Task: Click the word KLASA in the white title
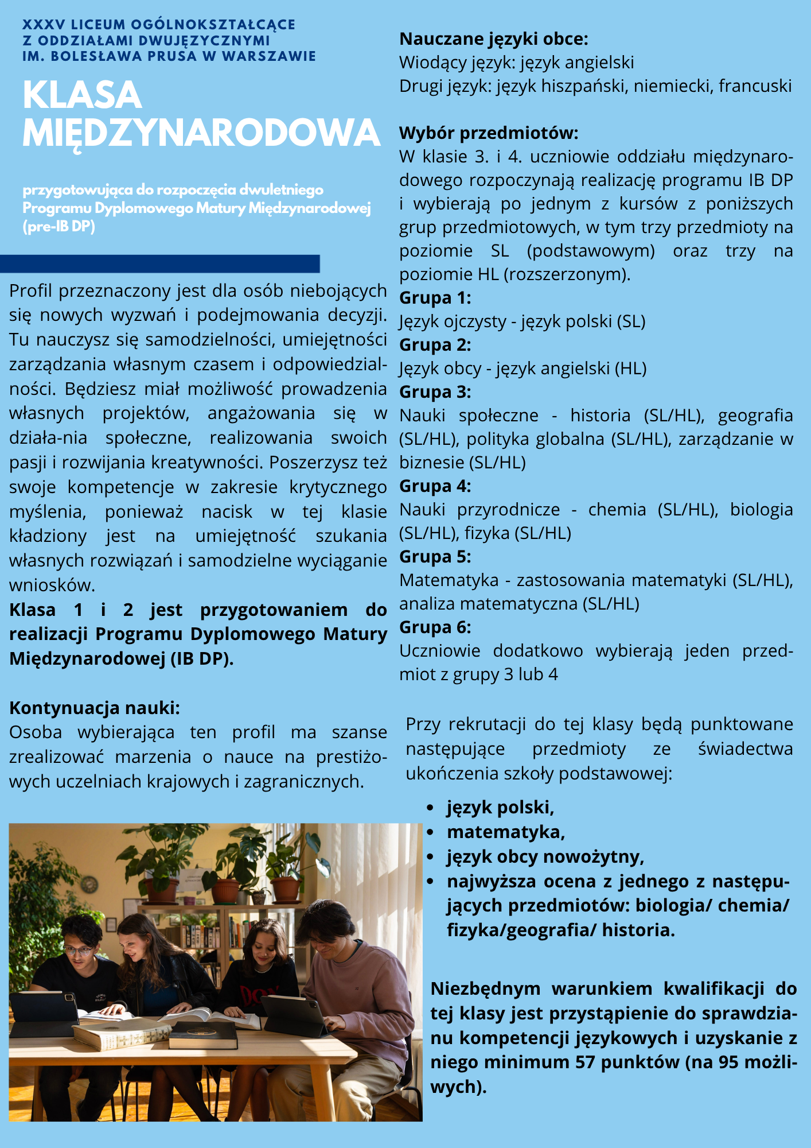coord(82,95)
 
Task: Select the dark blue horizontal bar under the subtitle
coord(159,263)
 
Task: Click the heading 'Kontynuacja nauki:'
coord(95,708)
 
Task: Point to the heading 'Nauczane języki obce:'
coord(494,39)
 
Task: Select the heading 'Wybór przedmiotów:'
coord(489,133)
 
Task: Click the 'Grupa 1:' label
coord(435,298)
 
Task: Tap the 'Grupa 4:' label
coord(435,486)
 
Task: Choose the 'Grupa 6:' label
coord(435,627)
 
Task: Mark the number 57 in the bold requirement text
coord(585,1062)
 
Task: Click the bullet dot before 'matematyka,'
coord(430,832)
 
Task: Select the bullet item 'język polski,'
coord(500,808)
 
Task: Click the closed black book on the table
coord(203,1034)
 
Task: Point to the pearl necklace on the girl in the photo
coord(265,969)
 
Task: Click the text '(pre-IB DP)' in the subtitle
coord(59,227)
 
